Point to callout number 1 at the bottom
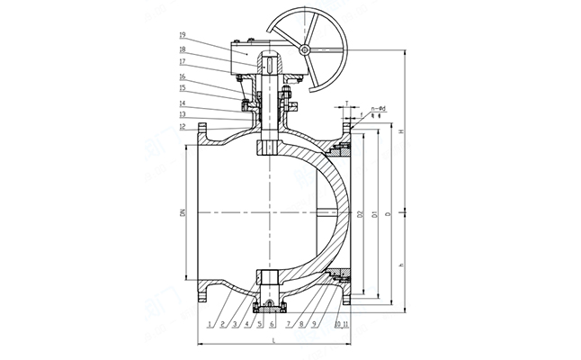tap(209, 321)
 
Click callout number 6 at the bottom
tap(271, 321)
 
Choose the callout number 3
tap(233, 321)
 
